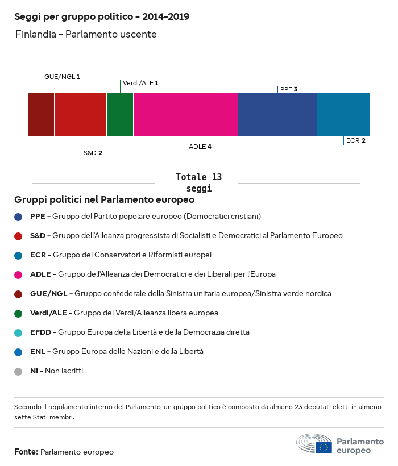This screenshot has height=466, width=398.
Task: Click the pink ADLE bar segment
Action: [185, 115]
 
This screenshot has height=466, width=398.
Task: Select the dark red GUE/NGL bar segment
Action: [41, 115]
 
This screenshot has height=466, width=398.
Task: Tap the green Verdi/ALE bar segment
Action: [120, 115]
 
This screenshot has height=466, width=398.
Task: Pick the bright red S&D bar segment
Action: [80, 115]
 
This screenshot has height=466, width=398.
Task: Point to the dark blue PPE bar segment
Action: [277, 115]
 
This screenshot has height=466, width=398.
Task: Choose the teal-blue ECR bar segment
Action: [343, 115]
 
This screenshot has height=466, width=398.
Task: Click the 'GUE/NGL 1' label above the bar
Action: [62, 76]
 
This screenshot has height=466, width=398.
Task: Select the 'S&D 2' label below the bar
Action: [93, 153]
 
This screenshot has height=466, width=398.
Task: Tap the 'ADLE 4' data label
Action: [200, 147]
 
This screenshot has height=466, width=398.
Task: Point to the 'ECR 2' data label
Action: [355, 140]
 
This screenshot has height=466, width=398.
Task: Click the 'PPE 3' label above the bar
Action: [289, 89]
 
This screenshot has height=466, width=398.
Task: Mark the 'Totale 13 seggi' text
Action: [198, 182]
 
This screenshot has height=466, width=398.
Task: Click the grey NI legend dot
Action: [18, 371]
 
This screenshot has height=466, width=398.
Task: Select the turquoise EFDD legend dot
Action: [18, 332]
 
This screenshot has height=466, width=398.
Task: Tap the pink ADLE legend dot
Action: [18, 274]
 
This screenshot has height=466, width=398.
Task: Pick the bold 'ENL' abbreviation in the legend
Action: [38, 352]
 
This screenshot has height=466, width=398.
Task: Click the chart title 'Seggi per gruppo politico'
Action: [102, 17]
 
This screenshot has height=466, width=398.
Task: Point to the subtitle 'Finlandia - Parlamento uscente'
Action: [85, 35]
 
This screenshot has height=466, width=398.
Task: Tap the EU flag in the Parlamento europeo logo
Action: [324, 447]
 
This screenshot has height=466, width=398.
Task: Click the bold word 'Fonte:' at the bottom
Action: [26, 452]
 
